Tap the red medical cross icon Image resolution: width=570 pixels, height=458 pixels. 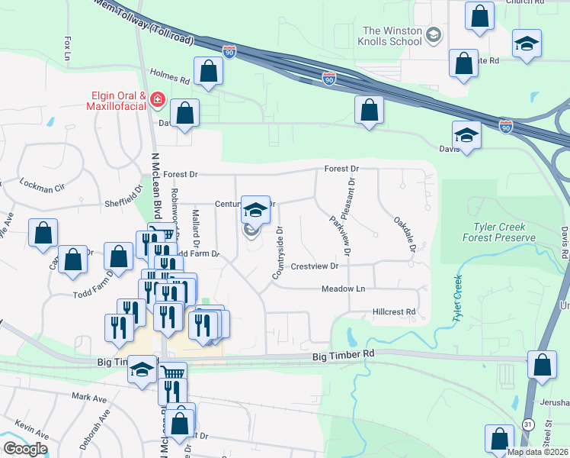pos(158,99)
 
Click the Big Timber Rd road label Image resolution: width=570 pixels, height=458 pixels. pos(344,355)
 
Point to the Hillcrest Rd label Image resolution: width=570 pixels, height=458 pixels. pos(394,311)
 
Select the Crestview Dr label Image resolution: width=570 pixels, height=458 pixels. pos(314,266)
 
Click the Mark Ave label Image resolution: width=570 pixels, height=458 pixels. pos(89,397)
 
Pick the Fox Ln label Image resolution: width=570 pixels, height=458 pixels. pos(68,48)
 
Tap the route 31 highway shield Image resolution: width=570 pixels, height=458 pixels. pos(527,422)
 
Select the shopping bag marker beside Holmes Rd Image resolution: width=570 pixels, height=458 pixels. pos(208,71)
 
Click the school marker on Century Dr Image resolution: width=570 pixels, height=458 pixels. pos(256,209)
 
